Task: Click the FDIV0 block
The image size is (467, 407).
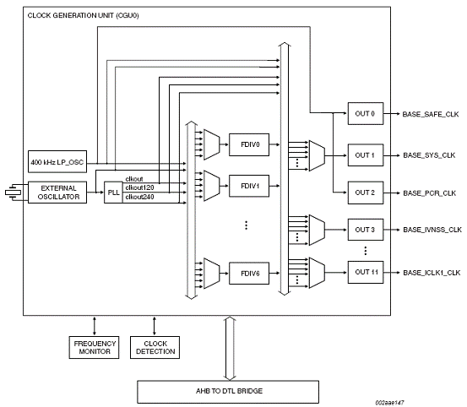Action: coord(249,144)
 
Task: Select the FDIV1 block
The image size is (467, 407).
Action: coord(249,186)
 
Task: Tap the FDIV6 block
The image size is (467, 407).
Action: coord(249,274)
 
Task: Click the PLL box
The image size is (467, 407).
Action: coord(113,193)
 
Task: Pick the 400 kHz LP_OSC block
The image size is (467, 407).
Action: coord(57,161)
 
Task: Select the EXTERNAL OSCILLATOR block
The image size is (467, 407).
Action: coord(57,193)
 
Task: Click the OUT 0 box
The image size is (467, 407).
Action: coord(366,114)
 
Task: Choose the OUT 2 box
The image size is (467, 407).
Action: coord(366,193)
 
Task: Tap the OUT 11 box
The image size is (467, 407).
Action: coord(366,272)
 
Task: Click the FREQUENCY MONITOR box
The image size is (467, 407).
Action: coord(94,347)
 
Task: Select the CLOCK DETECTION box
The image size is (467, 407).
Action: coord(155,347)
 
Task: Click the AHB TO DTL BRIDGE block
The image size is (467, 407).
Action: coord(228,392)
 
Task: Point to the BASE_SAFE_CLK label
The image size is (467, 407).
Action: coord(431,114)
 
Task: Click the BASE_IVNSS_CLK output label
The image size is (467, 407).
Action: coord(432,230)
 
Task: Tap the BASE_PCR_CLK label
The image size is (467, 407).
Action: coord(429,193)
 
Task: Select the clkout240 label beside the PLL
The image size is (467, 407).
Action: coord(139,197)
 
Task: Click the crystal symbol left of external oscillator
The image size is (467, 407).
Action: coord(13,193)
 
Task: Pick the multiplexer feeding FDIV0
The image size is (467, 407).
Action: coord(212,144)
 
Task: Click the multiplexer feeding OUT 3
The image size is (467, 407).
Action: coord(317,230)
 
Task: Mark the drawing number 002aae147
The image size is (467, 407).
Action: coord(389,403)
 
